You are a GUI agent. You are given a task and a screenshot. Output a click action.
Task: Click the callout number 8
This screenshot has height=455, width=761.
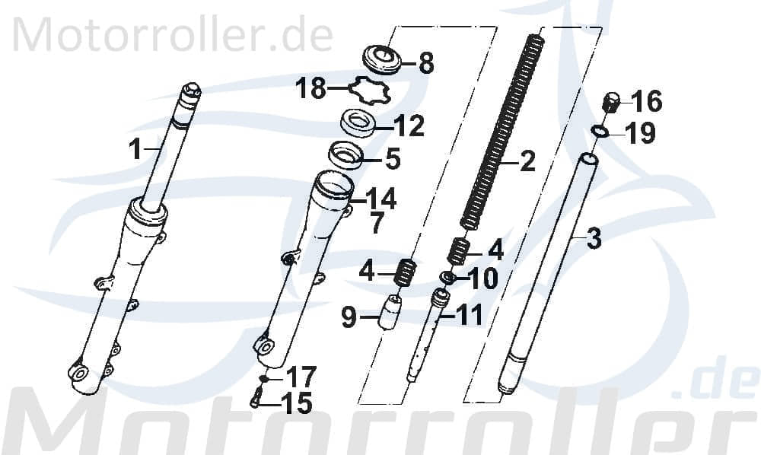(x=425, y=63)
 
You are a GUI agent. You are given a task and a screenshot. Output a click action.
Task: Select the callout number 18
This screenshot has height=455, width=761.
(x=310, y=90)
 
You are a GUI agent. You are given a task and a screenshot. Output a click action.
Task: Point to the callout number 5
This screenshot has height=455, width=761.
(x=392, y=160)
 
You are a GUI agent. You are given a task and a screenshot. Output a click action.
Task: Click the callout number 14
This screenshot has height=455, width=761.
(x=380, y=199)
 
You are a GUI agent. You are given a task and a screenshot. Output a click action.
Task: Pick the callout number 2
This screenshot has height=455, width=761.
(x=527, y=161)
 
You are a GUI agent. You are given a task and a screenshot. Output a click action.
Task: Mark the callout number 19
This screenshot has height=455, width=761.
(x=640, y=135)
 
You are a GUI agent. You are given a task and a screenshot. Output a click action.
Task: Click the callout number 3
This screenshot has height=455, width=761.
(x=594, y=238)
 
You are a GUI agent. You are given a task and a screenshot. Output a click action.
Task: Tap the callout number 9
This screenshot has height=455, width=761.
(x=349, y=317)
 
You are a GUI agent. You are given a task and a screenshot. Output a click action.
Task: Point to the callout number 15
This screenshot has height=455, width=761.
(x=295, y=403)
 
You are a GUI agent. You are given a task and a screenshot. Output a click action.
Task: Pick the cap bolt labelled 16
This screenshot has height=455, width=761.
(x=612, y=101)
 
